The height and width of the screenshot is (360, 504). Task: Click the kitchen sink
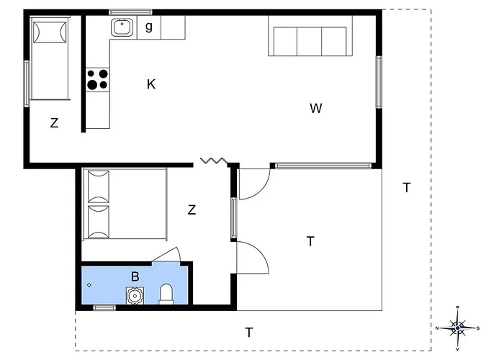coord(122,27)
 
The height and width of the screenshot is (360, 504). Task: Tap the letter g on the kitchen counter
coord(149,27)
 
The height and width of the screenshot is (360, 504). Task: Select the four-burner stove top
coord(97,79)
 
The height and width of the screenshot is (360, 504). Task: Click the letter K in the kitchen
coord(151,84)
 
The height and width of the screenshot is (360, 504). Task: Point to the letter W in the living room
coord(315,108)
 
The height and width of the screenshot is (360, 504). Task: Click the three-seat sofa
coord(310,36)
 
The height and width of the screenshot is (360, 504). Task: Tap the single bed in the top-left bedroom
coord(50,58)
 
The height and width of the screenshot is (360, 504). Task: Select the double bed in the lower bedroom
coord(125,204)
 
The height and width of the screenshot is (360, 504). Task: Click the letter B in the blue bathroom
coord(135,276)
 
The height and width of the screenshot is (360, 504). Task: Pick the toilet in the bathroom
coord(166,294)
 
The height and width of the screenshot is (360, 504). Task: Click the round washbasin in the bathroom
coord(135,296)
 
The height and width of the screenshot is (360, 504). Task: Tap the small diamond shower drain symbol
coord(89,285)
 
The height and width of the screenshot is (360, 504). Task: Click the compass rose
coord(457,328)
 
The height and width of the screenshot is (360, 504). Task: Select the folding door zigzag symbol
coord(213,160)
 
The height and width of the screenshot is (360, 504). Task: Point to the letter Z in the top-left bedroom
coord(54,123)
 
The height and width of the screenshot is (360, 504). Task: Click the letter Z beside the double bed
coord(192,210)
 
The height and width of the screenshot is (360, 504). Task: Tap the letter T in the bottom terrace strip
coord(249,333)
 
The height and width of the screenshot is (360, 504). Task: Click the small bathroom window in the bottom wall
coord(104,307)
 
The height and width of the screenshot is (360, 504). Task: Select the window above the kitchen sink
coord(130,12)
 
